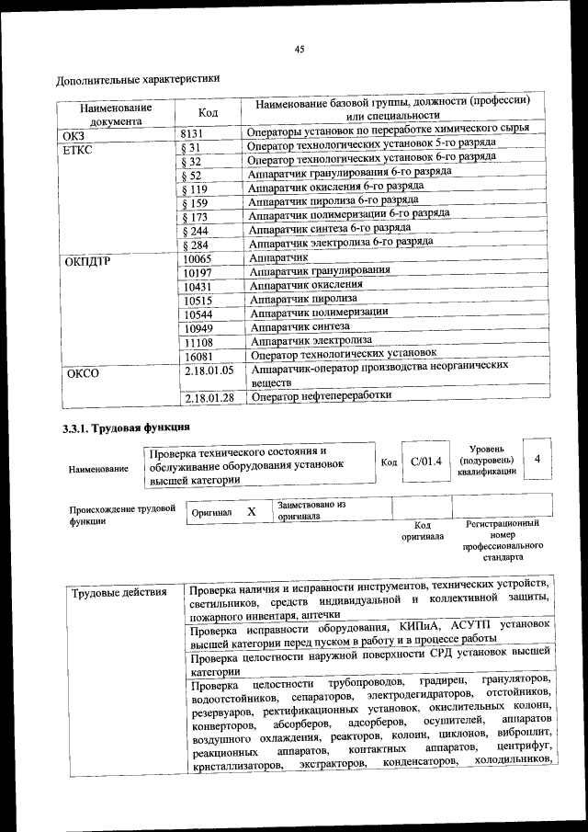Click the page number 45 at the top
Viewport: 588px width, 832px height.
click(300, 50)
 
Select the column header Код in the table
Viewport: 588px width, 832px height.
click(208, 112)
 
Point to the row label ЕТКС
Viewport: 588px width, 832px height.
click(78, 149)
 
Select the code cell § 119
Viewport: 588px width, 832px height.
click(195, 189)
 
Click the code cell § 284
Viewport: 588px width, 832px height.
click(196, 245)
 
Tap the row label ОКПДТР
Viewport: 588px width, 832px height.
click(88, 261)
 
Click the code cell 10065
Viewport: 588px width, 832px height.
click(198, 259)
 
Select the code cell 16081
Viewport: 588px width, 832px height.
click(198, 355)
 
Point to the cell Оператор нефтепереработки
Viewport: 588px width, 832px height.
click(322, 395)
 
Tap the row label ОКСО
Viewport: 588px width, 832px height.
click(82, 374)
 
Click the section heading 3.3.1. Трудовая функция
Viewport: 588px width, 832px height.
click(126, 427)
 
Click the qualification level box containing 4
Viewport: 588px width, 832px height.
click(537, 458)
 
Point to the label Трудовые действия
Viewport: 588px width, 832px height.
click(119, 592)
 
